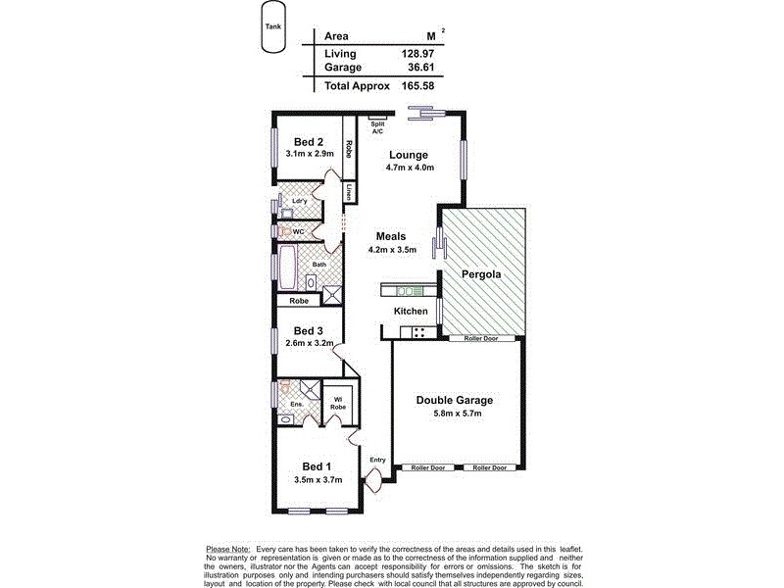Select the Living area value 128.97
pyautogui.click(x=414, y=53)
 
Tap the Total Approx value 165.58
pyautogui.click(x=414, y=86)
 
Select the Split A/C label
pyautogui.click(x=377, y=127)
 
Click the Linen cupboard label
pyautogui.click(x=349, y=192)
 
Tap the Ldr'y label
pyautogui.click(x=300, y=201)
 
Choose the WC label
pyautogui.click(x=299, y=231)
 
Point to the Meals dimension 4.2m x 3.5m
pyautogui.click(x=392, y=250)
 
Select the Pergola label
pyautogui.click(x=482, y=275)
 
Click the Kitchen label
pyautogui.click(x=411, y=311)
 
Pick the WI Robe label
pyautogui.click(x=335, y=402)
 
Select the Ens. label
pyautogui.click(x=297, y=404)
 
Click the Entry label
pyautogui.click(x=377, y=460)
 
